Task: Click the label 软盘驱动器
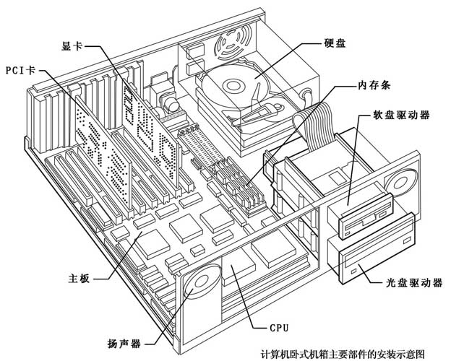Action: tap(401, 116)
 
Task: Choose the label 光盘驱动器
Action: tap(409, 284)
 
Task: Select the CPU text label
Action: tap(279, 327)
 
